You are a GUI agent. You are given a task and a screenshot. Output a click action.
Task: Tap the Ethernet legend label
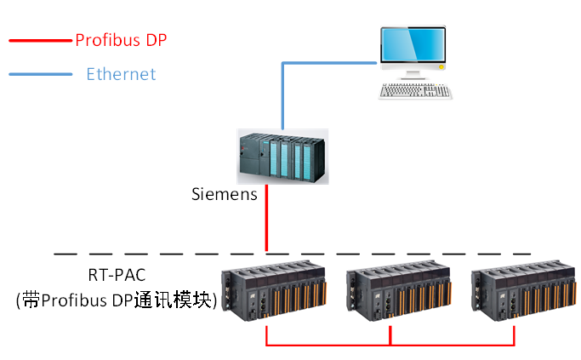[x=121, y=74]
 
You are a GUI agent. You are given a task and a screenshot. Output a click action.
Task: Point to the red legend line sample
[x=41, y=40]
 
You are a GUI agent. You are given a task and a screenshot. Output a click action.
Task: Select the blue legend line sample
[x=41, y=75]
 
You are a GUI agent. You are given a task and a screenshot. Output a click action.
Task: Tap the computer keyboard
[x=415, y=90]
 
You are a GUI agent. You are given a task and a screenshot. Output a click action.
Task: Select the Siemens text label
[x=224, y=195]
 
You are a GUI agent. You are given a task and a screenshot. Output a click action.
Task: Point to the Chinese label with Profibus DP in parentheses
[x=117, y=300]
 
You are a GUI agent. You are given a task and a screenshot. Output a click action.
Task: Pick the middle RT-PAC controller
[x=394, y=294]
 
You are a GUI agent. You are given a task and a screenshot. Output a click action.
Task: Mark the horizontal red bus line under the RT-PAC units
[x=391, y=345]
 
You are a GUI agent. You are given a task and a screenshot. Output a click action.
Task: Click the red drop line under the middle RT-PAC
[x=390, y=334]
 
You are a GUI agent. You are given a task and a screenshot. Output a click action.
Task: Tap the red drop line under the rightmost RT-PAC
[x=515, y=334]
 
